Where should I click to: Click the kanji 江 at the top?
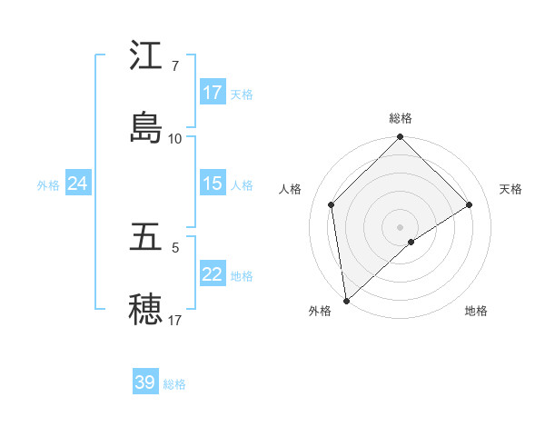145,56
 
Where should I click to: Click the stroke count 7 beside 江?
174,66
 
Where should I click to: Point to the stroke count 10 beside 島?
174,138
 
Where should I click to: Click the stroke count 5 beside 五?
174,247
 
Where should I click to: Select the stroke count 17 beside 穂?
174,320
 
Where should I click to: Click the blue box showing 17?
213,93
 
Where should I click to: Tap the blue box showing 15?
213,184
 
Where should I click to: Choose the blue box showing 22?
213,274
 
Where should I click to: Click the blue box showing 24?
77,184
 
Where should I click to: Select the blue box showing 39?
145,382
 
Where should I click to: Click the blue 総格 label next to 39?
174,384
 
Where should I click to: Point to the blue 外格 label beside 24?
48,185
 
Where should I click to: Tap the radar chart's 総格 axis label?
401,118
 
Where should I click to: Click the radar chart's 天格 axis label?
510,189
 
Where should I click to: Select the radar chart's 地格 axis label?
476,311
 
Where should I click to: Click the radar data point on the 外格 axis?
346,300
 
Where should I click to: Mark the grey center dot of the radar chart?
401,226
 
